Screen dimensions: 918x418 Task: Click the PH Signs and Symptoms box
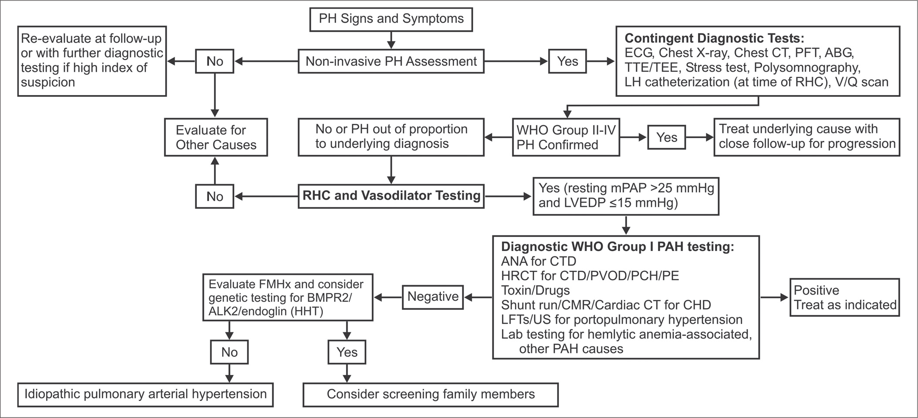click(391, 20)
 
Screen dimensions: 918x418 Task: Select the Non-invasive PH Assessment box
click(391, 61)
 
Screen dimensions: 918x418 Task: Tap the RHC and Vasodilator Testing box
click(391, 196)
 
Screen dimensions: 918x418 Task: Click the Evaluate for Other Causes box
click(216, 137)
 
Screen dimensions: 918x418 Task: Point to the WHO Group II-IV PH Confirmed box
click(566, 137)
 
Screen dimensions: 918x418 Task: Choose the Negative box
click(433, 297)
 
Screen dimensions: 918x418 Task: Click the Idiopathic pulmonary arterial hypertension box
click(146, 394)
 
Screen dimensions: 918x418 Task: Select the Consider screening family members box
click(430, 394)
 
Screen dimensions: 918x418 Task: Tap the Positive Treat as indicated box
click(844, 297)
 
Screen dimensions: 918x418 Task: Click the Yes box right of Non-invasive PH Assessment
click(567, 61)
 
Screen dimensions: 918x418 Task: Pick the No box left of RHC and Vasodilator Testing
click(214, 196)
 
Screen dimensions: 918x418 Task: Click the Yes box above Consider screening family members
click(347, 352)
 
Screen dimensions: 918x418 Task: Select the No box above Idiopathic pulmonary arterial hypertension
click(229, 352)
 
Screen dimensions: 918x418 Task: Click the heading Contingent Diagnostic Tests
click(715, 38)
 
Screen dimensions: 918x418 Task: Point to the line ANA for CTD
click(539, 261)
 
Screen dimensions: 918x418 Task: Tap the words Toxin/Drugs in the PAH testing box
click(535, 290)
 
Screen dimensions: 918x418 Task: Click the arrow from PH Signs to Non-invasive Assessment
click(391, 40)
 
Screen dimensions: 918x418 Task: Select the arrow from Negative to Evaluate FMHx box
click(388, 297)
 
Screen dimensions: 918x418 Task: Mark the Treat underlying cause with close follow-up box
click(806, 137)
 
